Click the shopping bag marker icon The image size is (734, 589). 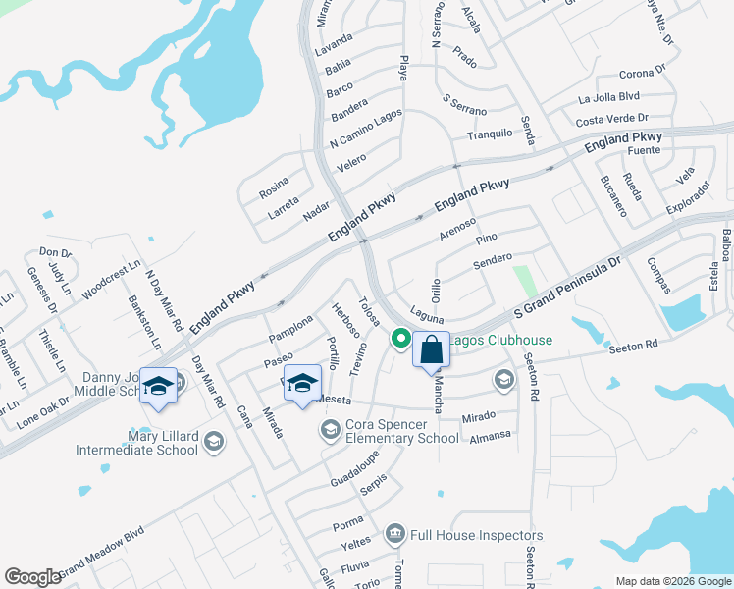(431, 349)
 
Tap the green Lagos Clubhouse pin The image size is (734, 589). (400, 340)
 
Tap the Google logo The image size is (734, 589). (32, 576)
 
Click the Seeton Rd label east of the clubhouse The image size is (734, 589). (632, 347)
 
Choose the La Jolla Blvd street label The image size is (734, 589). (608, 97)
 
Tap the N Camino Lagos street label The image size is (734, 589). (365, 131)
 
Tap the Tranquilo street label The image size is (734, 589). (490, 134)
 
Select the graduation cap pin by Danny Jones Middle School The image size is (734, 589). (158, 386)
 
